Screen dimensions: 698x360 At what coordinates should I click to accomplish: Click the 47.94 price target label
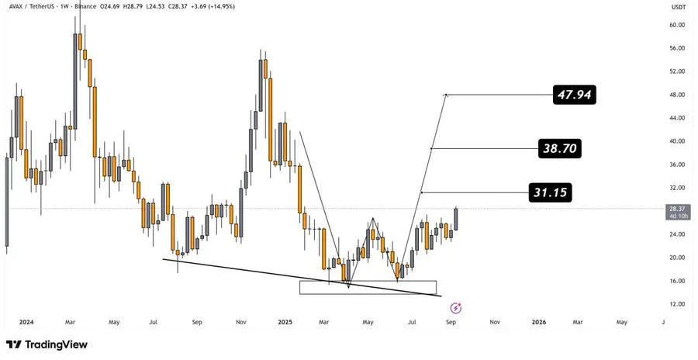(x=574, y=95)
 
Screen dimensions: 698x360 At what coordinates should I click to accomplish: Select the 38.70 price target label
(x=559, y=148)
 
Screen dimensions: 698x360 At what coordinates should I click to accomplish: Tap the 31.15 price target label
(x=550, y=192)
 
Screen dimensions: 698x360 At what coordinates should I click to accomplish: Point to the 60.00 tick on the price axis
(x=676, y=26)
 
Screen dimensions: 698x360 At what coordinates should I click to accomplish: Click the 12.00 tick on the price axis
(x=676, y=304)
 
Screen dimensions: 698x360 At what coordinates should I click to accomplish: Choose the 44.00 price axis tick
(x=676, y=118)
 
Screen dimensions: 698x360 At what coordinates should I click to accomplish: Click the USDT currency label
(x=679, y=7)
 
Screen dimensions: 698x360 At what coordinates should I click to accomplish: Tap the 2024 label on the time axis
(x=27, y=322)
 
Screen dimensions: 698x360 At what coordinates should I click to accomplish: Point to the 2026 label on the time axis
(x=539, y=322)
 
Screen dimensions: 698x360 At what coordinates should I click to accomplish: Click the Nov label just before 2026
(x=494, y=322)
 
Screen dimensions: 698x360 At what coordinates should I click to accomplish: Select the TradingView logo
(x=47, y=344)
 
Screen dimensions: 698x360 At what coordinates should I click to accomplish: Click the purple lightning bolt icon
(x=456, y=307)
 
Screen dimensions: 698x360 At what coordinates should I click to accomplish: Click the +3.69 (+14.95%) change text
(x=215, y=7)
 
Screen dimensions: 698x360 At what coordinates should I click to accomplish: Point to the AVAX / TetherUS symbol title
(x=32, y=7)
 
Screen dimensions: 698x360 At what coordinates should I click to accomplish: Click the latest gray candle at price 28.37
(x=456, y=219)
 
